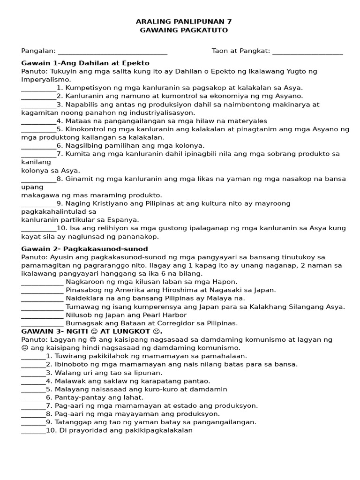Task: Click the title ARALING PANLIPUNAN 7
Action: point(184,22)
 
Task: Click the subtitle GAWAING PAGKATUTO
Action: point(184,30)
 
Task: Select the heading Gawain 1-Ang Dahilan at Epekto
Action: point(85,63)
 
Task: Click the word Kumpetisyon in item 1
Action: point(87,88)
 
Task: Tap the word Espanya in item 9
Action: point(124,220)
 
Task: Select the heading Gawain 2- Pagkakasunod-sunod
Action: point(84,249)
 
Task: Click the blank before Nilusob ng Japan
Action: point(42,316)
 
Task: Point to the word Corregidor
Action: point(166,323)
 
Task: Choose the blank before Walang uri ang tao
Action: point(33,374)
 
